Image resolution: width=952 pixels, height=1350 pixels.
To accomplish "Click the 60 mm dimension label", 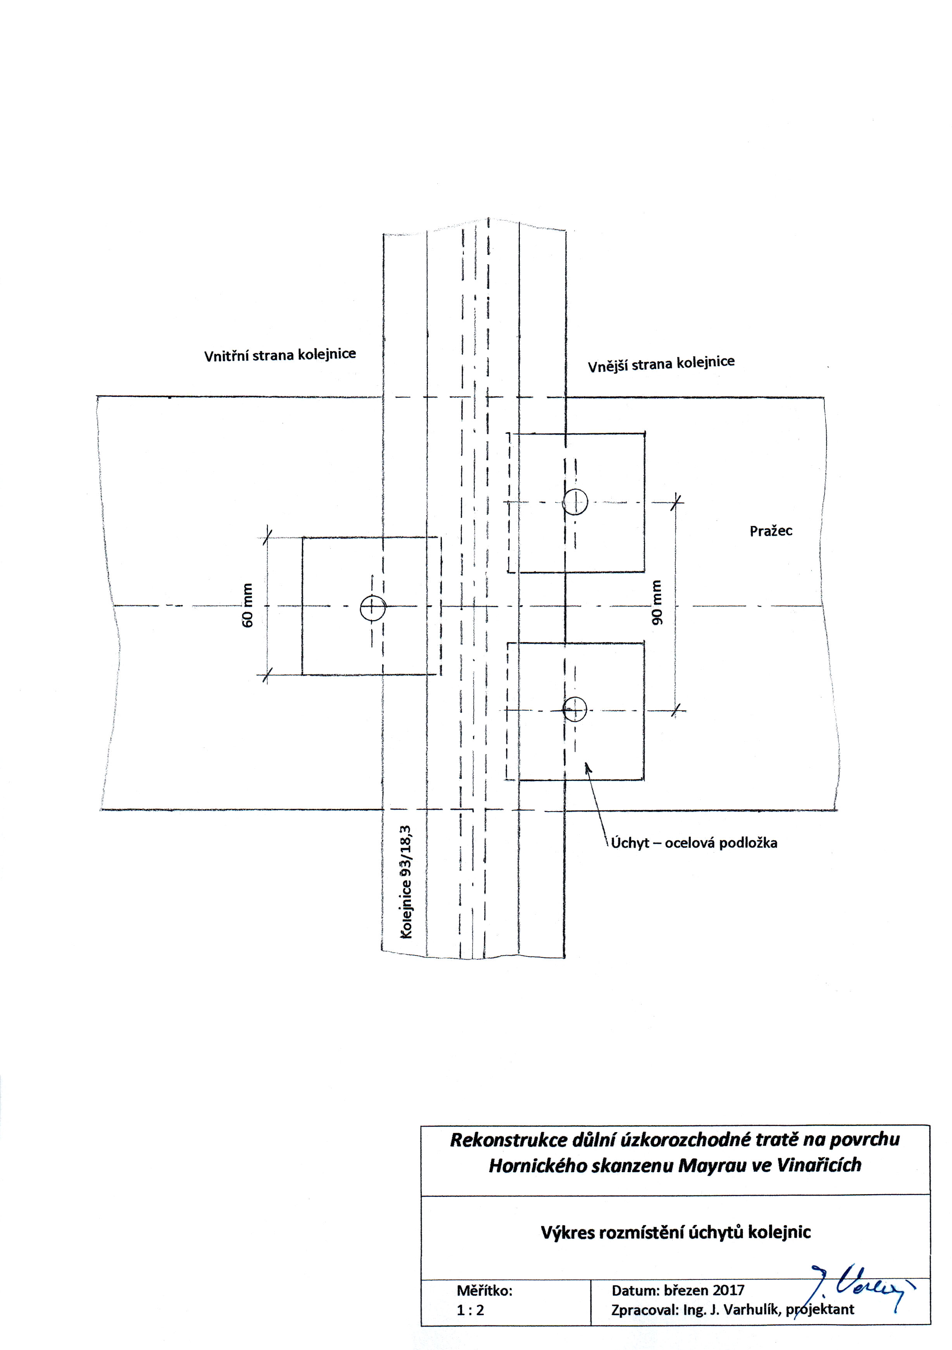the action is pos(248,605).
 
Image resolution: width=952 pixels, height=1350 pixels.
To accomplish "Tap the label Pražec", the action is pos(771,531).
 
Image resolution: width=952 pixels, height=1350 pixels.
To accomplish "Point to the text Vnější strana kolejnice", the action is pos(662,363).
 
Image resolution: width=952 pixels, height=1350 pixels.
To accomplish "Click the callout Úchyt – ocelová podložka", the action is pos(694,843).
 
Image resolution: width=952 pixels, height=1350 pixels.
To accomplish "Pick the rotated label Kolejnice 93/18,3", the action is pos(406,881).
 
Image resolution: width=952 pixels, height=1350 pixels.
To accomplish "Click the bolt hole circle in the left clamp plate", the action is pos(373,608).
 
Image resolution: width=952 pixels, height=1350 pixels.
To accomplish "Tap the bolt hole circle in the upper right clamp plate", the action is pos(575,502).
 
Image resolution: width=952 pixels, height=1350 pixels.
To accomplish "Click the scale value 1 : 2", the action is pos(471,1310).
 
